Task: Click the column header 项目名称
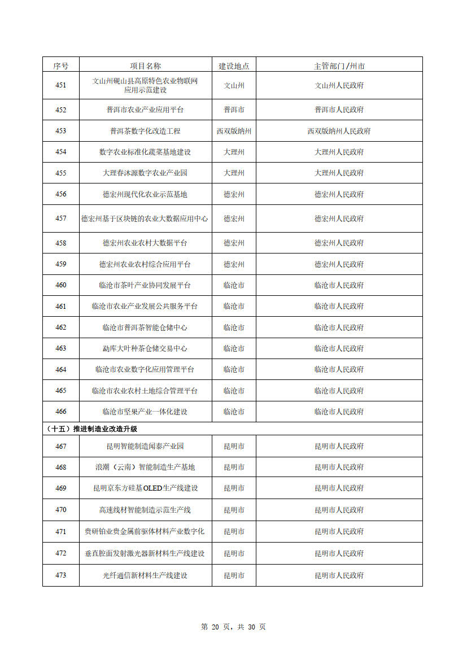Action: point(145,65)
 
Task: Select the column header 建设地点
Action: point(234,65)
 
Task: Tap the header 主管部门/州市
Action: point(339,65)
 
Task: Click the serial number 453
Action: point(60,130)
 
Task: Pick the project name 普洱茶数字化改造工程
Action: point(145,130)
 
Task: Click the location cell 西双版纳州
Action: point(234,130)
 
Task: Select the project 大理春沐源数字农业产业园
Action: point(145,173)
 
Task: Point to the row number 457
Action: point(60,218)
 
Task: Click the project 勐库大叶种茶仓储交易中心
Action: point(145,348)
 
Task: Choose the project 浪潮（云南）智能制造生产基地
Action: point(145,467)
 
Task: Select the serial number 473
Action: point(60,575)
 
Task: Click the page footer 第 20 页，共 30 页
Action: point(233,627)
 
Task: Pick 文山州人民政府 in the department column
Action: point(339,86)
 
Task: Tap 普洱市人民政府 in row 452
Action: point(339,110)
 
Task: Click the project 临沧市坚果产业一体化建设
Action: point(145,412)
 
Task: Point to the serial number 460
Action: point(60,285)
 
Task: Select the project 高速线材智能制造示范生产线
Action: point(145,510)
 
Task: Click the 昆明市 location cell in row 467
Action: point(234,446)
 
